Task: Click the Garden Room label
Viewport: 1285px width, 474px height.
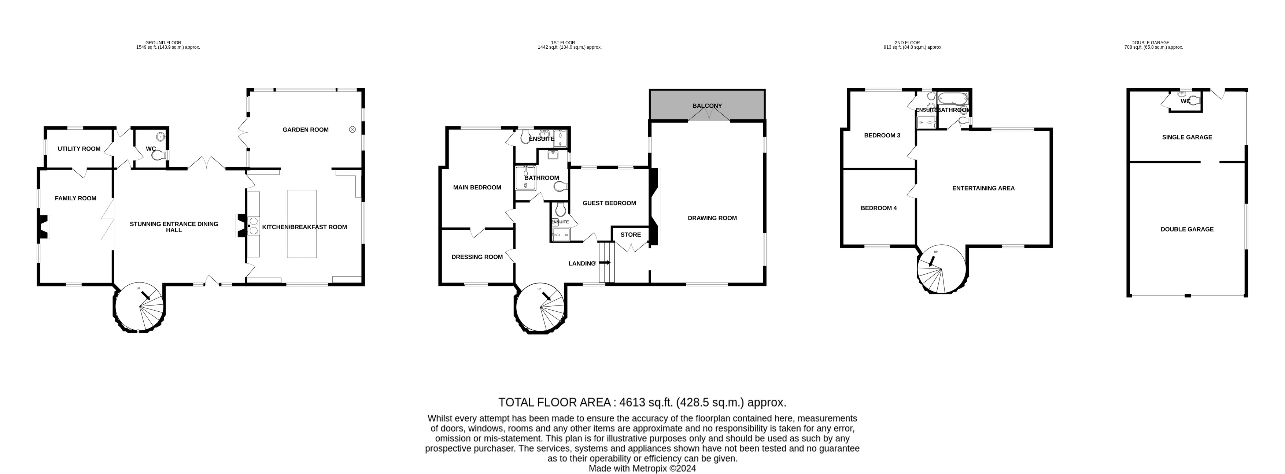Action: [x=305, y=130]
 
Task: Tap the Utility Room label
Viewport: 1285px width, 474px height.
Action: [x=79, y=149]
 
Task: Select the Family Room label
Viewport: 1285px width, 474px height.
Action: [x=75, y=198]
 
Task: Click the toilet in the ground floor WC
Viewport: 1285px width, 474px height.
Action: [x=159, y=156]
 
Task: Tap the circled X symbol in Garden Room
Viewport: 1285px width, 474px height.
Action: [x=352, y=130]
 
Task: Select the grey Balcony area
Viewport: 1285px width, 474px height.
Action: [x=707, y=105]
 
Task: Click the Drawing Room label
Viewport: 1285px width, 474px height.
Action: [x=712, y=218]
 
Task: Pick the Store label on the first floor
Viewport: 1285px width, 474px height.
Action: [x=631, y=234]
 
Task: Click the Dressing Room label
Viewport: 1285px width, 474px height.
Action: [x=477, y=257]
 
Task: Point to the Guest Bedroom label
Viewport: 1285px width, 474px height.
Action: [x=609, y=203]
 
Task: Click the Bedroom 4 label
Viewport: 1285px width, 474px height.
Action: [x=878, y=208]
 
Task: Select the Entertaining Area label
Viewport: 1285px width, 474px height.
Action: [x=983, y=188]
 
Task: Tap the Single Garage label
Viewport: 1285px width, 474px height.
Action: [x=1187, y=137]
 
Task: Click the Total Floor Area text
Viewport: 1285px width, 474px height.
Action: [x=642, y=402]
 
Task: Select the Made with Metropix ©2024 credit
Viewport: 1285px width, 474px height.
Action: [x=642, y=469]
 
